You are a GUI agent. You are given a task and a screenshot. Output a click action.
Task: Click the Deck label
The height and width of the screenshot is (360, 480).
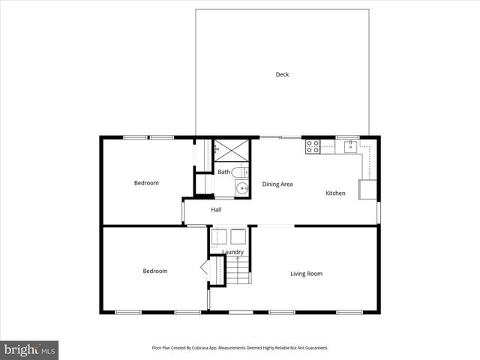(x=282, y=74)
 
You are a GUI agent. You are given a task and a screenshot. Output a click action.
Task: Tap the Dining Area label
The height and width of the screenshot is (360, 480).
(x=277, y=184)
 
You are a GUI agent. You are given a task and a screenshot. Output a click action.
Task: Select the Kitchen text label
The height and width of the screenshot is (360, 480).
(x=335, y=193)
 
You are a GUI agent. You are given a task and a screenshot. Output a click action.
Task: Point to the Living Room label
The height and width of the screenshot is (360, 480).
(x=306, y=274)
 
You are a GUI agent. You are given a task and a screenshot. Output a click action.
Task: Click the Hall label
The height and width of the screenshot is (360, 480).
(x=216, y=210)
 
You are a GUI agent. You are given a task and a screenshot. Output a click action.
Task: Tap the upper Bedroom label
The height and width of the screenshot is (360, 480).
(x=146, y=183)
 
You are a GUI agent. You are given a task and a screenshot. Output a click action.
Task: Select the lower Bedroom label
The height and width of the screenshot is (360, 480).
(x=155, y=271)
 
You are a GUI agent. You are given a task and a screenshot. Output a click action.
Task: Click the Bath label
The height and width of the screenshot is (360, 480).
(x=224, y=172)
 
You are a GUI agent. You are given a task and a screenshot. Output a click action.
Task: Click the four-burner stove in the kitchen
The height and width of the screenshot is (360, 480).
(x=313, y=146)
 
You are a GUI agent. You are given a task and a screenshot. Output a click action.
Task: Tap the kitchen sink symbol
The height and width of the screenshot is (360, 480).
(x=349, y=146)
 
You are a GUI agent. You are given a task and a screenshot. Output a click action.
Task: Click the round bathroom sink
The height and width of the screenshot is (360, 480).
(x=241, y=187)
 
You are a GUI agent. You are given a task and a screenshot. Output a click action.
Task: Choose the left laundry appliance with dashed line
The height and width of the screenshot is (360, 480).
(x=218, y=236)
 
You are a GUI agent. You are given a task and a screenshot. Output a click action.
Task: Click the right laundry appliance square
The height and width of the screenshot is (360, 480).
(x=238, y=236)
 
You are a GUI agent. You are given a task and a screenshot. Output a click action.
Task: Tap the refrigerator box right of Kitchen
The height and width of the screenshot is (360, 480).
(x=369, y=190)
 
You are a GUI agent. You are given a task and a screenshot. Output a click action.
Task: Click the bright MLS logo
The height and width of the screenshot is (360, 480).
(x=29, y=349)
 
